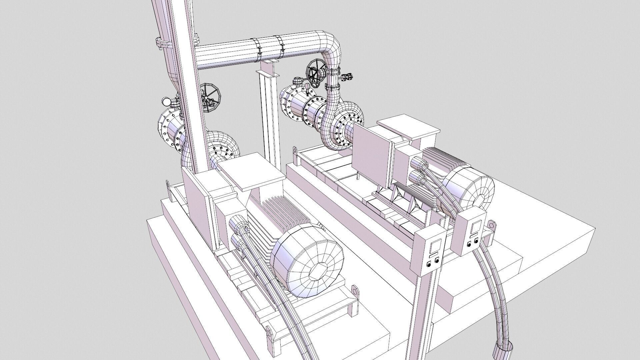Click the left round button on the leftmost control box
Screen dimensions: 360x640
click(429, 266)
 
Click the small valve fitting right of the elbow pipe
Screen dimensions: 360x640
click(348, 77)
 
